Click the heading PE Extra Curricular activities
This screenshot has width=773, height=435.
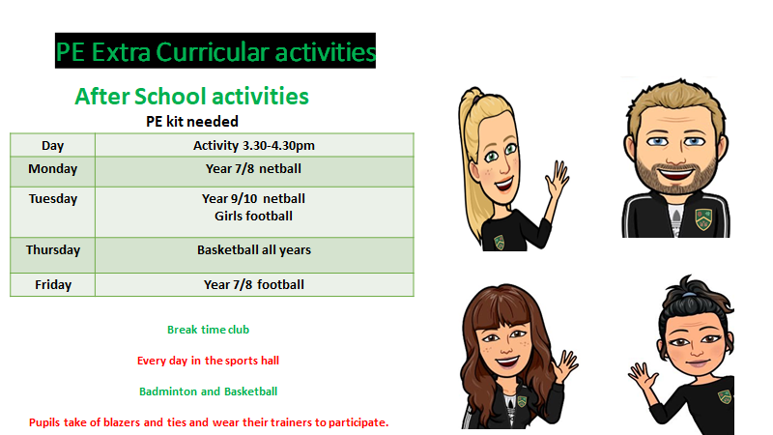click(x=215, y=51)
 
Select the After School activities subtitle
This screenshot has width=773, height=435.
click(x=191, y=96)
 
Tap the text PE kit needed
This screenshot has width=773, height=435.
click(x=192, y=122)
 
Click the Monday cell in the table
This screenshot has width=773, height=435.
click(x=53, y=168)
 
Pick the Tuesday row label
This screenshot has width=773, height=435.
click(x=53, y=199)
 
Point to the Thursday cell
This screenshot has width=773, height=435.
click(x=53, y=250)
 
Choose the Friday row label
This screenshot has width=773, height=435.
click(x=53, y=284)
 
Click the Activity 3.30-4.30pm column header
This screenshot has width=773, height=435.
click(x=254, y=146)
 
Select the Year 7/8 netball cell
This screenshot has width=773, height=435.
click(x=253, y=168)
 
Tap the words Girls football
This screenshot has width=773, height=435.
click(x=253, y=216)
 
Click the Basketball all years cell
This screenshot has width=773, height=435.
click(x=254, y=250)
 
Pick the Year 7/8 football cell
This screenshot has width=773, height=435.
click(x=254, y=284)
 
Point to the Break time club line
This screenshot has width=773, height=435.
click(x=208, y=330)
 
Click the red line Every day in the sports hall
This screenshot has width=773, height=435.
click(x=208, y=361)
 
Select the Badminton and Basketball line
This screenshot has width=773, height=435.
click(x=208, y=391)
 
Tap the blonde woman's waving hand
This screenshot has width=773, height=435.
click(x=558, y=179)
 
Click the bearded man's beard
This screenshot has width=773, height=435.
click(x=675, y=177)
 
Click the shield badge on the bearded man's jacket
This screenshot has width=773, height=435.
click(x=703, y=218)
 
